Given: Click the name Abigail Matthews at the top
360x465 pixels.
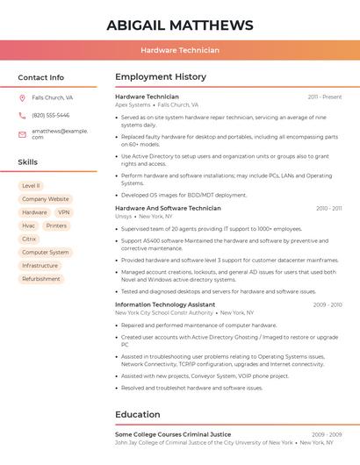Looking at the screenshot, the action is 180,25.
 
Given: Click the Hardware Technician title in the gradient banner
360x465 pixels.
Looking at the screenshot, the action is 180,50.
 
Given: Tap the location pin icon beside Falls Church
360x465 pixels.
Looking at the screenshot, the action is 22,98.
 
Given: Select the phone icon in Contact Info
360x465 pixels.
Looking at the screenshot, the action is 22,115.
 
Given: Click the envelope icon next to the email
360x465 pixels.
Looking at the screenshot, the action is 22,133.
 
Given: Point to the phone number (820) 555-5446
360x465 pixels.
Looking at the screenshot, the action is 50,115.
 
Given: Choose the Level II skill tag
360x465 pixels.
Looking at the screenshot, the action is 31,186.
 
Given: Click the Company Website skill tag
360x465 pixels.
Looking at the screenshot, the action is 46,199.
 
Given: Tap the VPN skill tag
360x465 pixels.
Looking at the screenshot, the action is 63,212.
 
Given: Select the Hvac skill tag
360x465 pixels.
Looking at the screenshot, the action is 29,225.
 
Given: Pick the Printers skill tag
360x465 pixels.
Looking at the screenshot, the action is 56,225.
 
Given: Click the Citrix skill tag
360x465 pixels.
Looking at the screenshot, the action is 29,239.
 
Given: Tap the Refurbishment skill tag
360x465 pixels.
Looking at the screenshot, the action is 41,279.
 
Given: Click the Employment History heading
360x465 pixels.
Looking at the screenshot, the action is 160,77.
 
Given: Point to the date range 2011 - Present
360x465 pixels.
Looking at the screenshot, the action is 325,97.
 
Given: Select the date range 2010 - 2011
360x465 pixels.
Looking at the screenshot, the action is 328,209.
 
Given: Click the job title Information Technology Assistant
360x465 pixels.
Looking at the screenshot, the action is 165,304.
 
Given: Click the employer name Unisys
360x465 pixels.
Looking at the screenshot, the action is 123,216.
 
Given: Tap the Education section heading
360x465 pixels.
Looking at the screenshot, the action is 138,414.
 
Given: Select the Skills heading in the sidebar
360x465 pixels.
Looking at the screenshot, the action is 28,162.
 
